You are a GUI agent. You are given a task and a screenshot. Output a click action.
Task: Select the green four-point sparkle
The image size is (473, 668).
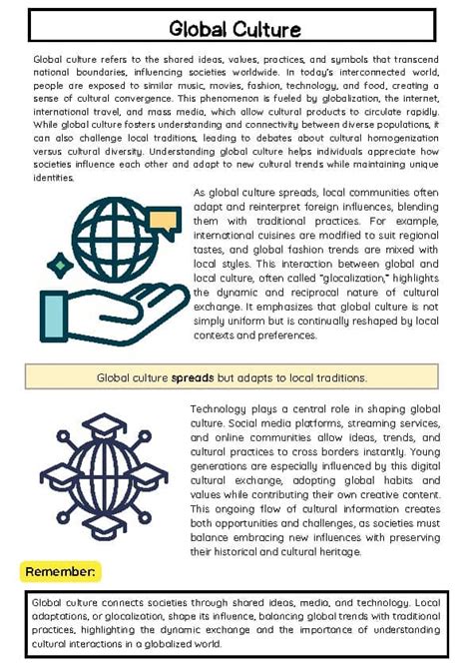pos(60,266)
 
